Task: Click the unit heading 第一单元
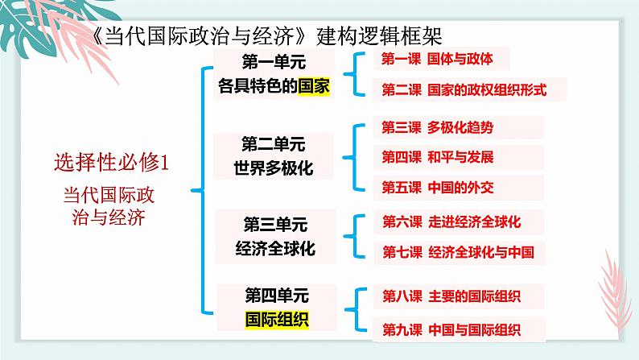(x=274, y=60)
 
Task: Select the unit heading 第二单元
(x=274, y=145)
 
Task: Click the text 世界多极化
(x=274, y=168)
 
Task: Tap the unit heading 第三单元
(x=274, y=225)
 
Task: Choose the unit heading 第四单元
(x=275, y=296)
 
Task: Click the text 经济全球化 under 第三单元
(x=275, y=249)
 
